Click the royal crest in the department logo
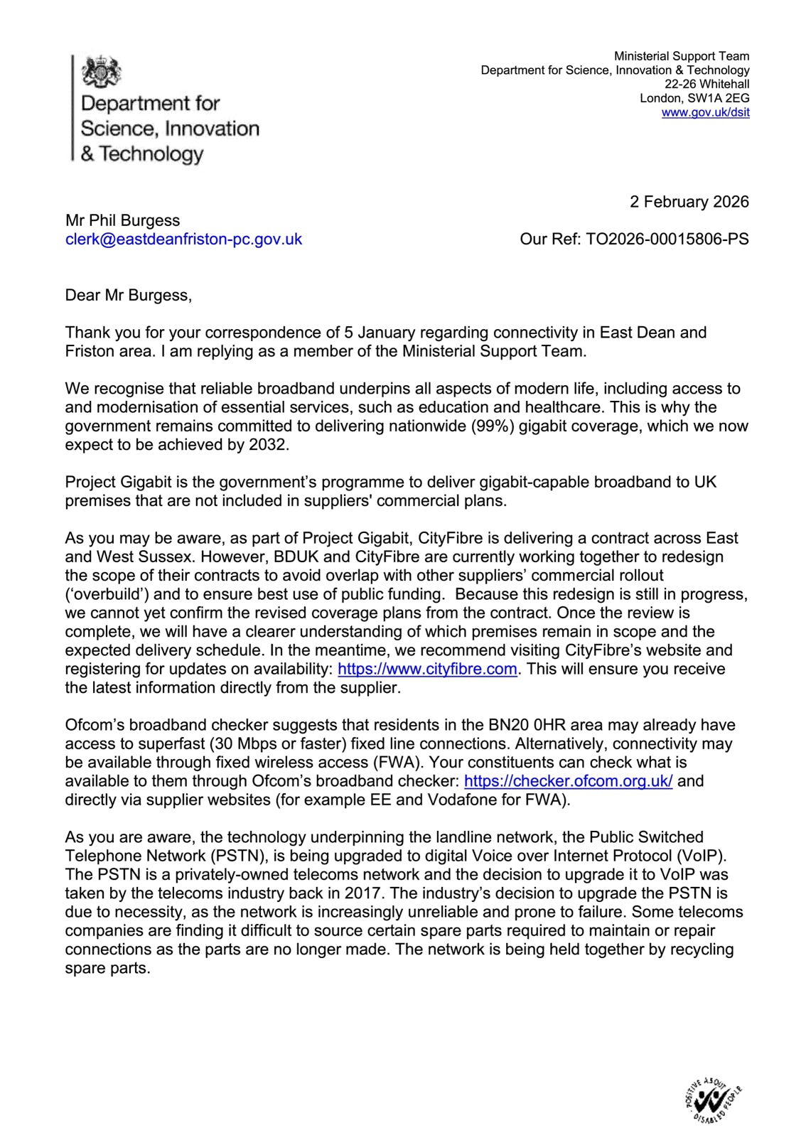tap(102, 72)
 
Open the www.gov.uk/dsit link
tap(705, 112)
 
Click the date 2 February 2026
tap(689, 202)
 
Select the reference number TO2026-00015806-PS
tap(667, 239)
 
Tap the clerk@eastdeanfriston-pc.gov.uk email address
tap(183, 239)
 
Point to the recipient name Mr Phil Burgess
tap(122, 220)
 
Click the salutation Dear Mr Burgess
tap(128, 295)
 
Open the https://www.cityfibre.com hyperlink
tap(427, 669)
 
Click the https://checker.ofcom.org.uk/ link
tap(568, 781)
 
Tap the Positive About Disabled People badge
tap(712, 1101)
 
